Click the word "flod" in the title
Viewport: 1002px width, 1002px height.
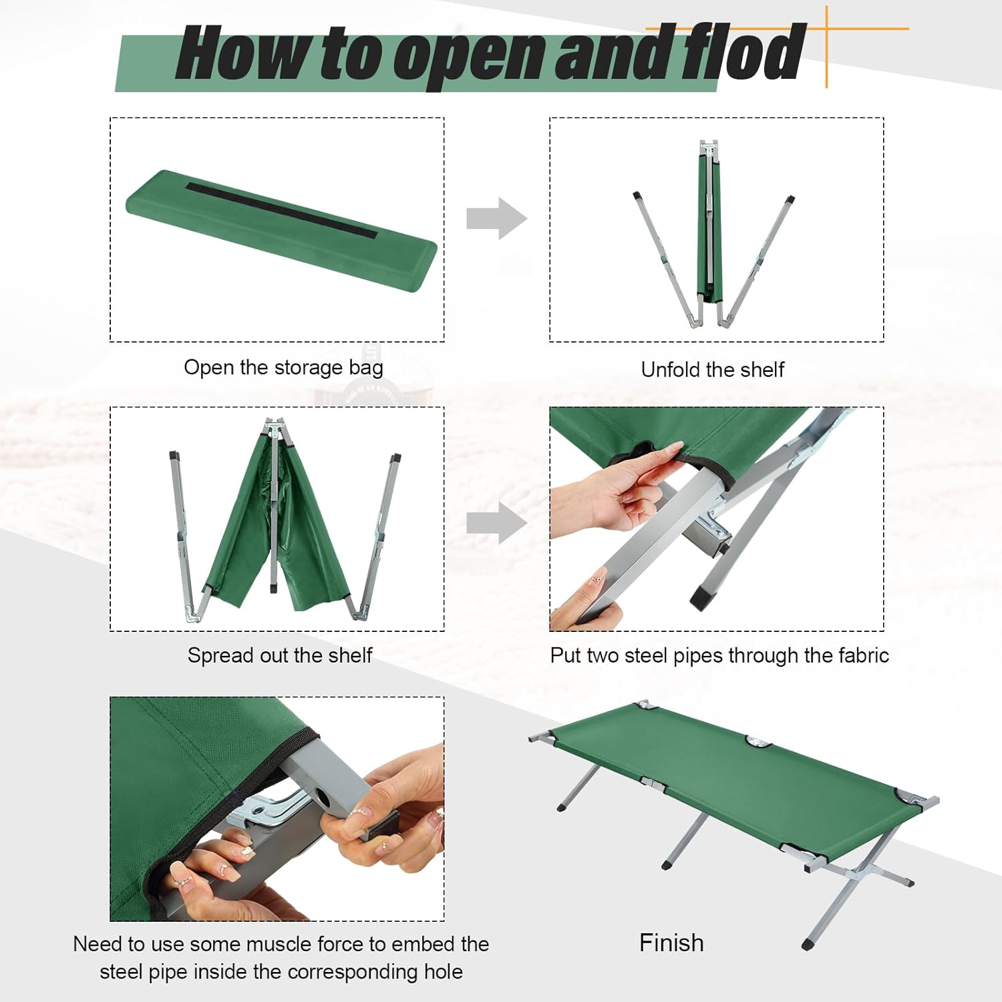[741, 52]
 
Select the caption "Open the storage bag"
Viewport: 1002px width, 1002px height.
[283, 367]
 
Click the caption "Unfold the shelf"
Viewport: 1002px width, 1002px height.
[712, 369]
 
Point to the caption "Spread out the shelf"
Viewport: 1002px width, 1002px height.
[279, 655]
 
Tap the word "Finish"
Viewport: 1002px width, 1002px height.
[671, 943]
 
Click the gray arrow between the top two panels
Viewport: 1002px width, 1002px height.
[496, 218]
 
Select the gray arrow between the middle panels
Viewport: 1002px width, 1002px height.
[496, 524]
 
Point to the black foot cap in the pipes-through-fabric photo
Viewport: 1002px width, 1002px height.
[701, 597]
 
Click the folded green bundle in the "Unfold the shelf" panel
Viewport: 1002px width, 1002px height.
[709, 227]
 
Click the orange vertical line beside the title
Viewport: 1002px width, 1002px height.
[827, 47]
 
